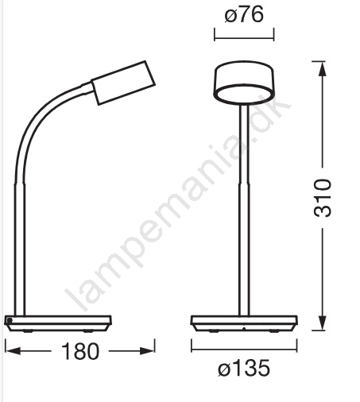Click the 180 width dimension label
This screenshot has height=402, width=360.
coord(80,351)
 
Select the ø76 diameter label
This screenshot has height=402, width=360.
coord(244,14)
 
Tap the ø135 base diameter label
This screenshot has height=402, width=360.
coord(244,368)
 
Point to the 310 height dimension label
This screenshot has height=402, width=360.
coord(323,198)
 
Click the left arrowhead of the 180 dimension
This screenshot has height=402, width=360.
coord(13,351)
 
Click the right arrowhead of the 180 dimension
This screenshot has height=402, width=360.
coord(147,351)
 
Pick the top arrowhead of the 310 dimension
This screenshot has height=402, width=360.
coord(322,69)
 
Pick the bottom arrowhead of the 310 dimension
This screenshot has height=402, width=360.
coord(322,323)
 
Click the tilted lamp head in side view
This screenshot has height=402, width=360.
coord(123,83)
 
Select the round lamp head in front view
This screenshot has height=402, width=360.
coord(244,82)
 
